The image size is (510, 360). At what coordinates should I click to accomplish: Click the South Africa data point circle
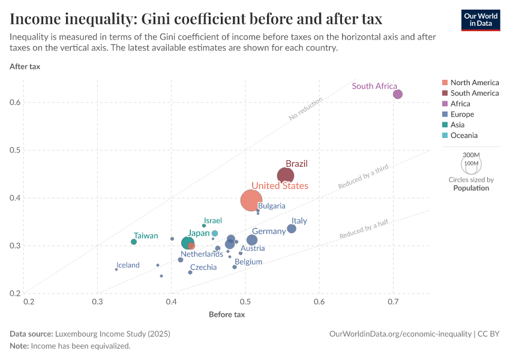(397, 94)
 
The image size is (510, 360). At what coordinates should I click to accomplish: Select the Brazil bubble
(286, 176)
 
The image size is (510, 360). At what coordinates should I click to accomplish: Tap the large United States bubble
(252, 200)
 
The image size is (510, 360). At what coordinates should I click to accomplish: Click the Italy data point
(292, 229)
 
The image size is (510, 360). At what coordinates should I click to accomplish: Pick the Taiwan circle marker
(134, 242)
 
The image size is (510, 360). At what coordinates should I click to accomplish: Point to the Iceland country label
(128, 265)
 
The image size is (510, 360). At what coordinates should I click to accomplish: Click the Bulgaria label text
(272, 206)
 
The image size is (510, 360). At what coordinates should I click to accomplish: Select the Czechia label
(203, 268)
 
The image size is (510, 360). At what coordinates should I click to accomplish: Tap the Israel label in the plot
(213, 221)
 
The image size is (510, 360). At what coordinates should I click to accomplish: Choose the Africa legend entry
(460, 104)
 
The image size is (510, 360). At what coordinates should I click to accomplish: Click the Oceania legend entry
(464, 136)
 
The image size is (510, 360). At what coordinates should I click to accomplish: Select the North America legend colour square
(444, 83)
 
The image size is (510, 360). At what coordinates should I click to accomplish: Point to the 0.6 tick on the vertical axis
(16, 103)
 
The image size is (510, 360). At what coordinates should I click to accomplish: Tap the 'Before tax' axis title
(227, 314)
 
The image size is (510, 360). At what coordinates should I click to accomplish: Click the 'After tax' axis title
(25, 66)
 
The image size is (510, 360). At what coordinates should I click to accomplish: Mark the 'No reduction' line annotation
(305, 109)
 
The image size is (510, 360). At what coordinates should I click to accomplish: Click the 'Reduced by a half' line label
(364, 230)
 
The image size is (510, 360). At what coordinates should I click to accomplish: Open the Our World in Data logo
(481, 20)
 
